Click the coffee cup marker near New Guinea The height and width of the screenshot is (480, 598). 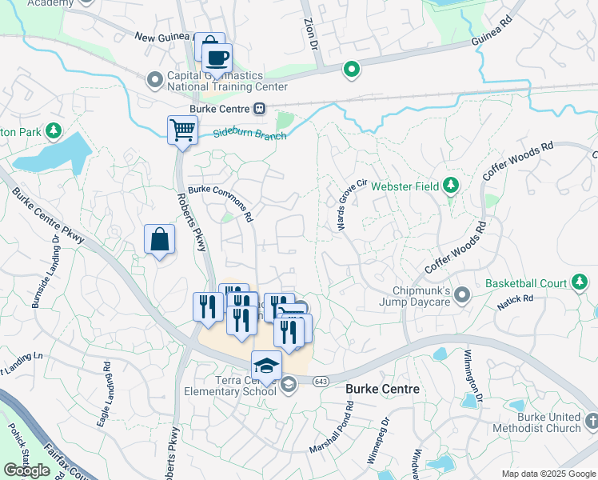click(217, 58)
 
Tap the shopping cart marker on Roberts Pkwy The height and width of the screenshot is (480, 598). click(183, 130)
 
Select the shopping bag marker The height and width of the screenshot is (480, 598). click(159, 239)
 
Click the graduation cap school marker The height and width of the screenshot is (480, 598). click(266, 366)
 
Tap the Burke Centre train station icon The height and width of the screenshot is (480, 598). click(259, 109)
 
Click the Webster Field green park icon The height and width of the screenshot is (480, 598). click(451, 186)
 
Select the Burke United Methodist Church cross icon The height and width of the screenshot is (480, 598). click(590, 420)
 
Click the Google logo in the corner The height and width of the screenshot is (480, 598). click(27, 470)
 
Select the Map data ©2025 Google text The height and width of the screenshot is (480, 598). click(548, 474)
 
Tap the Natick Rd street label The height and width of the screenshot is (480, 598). click(518, 298)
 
